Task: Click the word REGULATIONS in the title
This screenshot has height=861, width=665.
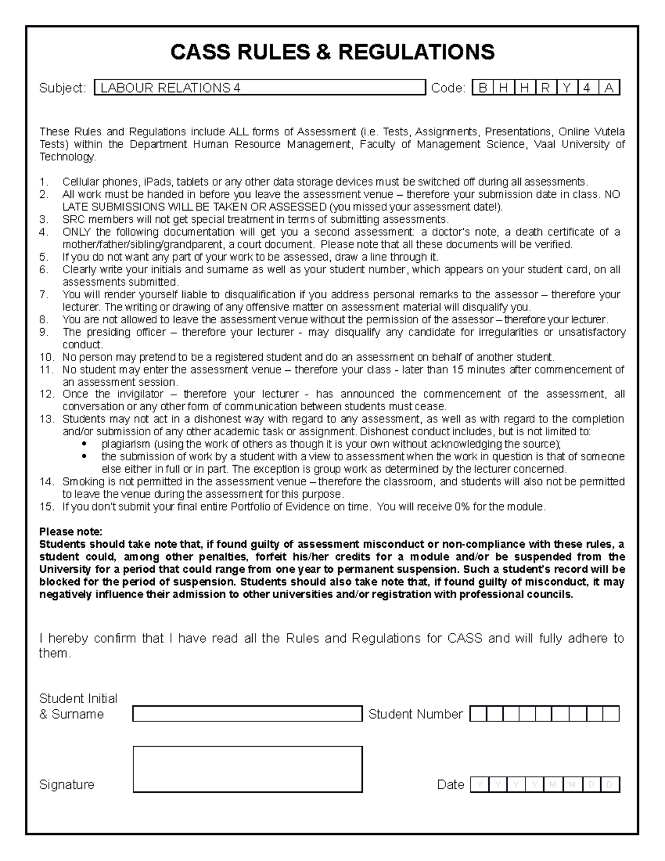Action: point(416,52)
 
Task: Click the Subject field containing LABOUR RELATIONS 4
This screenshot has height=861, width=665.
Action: point(259,88)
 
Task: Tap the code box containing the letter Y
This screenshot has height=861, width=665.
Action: point(566,88)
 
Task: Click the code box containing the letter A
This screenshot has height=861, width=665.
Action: point(609,88)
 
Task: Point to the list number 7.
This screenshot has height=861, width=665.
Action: point(44,294)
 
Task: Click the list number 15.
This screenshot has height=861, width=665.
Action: point(47,506)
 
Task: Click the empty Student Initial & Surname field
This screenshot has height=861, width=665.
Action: point(247,714)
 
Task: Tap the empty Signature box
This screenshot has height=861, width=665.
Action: point(247,769)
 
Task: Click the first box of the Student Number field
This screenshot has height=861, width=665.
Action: point(478,714)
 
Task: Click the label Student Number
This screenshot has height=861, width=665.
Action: point(415,714)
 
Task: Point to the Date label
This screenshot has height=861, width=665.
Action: point(450,784)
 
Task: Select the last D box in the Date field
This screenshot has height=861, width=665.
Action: point(610,784)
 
